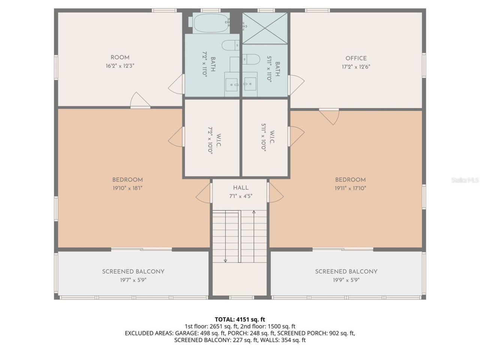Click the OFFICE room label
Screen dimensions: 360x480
click(356, 58)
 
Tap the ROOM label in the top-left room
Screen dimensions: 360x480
click(120, 57)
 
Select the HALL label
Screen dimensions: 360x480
click(240, 187)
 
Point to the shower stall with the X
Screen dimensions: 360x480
click(265, 28)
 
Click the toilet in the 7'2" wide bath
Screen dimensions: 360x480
click(230, 45)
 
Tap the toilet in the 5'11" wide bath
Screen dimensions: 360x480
click(251, 59)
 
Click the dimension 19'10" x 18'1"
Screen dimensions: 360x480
click(127, 188)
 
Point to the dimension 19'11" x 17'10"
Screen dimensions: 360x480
click(350, 188)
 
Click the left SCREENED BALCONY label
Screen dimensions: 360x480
click(133, 271)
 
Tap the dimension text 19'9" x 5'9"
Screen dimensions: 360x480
click(346, 280)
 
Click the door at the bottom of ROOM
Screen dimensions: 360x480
click(140, 100)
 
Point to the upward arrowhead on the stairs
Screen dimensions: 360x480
click(254, 212)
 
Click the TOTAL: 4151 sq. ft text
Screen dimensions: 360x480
click(240, 319)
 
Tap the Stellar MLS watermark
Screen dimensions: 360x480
click(465, 180)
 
